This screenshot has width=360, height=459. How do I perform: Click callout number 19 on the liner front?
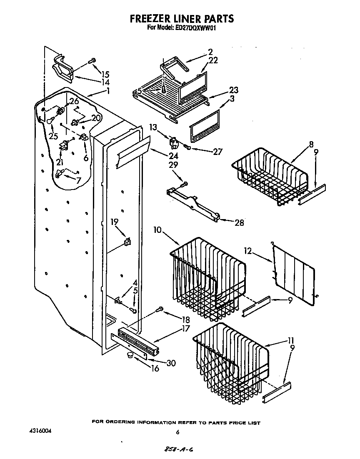[114, 223]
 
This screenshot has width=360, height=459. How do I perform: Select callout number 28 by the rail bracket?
[239, 222]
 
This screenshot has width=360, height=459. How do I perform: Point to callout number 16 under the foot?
[155, 369]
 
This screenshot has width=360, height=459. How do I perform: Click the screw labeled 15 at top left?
[92, 60]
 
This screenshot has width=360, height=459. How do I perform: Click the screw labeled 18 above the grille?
[159, 309]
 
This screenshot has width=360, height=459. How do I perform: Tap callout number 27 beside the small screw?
[217, 152]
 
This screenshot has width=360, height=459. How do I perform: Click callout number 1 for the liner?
[107, 90]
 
